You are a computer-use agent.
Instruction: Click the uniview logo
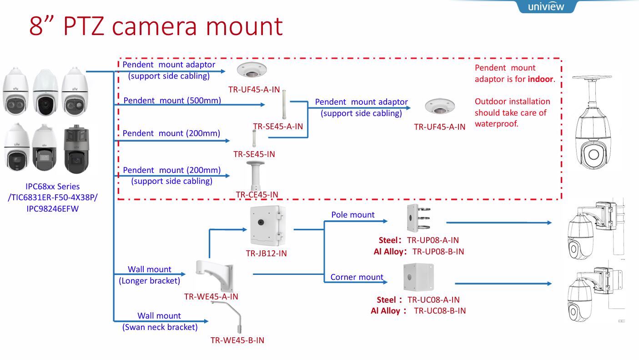(546, 6)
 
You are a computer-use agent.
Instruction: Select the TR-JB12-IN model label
(267, 254)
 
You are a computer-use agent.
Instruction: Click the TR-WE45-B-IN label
(237, 340)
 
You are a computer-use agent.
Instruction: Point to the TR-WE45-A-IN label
(211, 296)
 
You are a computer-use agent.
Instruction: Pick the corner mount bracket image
(418, 277)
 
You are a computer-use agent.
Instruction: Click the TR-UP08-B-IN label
(438, 251)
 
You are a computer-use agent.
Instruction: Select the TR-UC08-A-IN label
(433, 299)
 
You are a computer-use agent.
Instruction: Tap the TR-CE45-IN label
(257, 194)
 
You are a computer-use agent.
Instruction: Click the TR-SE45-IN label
(254, 154)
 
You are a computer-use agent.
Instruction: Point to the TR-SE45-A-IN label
(278, 127)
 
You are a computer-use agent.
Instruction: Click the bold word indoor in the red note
(540, 79)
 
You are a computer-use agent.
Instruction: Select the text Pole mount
(353, 214)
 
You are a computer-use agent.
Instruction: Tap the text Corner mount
(357, 277)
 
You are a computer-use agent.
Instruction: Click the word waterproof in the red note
(496, 123)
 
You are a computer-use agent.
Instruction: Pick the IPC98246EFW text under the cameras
(53, 209)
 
